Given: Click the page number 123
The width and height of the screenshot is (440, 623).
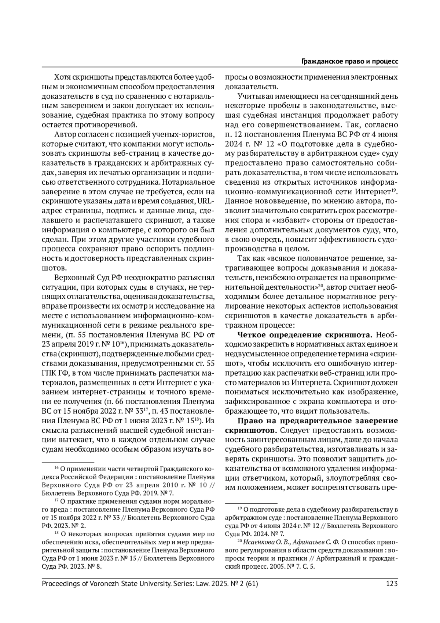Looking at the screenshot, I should (392, 583).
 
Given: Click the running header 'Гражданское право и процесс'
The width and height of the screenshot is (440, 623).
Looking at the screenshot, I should (349, 62).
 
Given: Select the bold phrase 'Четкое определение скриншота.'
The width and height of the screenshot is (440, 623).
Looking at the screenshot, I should (305, 335).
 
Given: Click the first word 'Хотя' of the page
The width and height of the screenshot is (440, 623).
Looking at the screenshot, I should (62, 77).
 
